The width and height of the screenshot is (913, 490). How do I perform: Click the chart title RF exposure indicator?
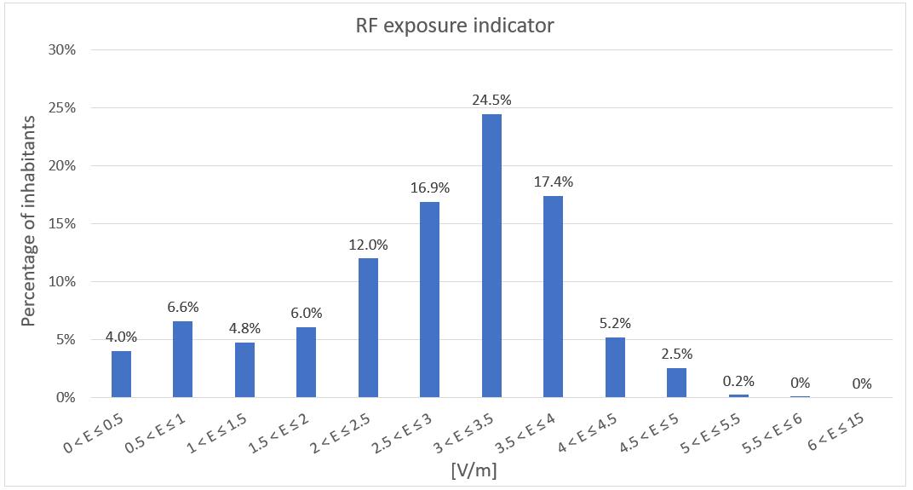pos(454,26)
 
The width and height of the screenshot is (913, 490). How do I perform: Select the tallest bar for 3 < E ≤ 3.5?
pos(491,256)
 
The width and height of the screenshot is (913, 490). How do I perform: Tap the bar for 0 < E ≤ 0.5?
pos(121,374)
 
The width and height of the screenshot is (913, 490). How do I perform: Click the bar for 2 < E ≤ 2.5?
pos(368,328)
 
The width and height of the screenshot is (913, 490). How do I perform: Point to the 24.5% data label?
pos(491,101)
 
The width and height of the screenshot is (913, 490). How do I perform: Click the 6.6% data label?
pos(182,307)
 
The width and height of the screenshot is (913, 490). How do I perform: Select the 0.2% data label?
pos(738,381)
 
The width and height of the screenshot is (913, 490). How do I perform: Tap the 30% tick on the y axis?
pos(62,50)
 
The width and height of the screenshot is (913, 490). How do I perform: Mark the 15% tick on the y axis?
pos(62,224)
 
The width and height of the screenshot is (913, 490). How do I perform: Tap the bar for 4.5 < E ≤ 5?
pos(676,383)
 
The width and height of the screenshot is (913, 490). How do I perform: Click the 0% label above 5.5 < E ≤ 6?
pos(800,383)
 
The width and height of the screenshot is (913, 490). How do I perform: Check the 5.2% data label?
pos(615,323)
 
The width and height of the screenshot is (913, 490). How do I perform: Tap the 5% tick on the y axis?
pos(66,340)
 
